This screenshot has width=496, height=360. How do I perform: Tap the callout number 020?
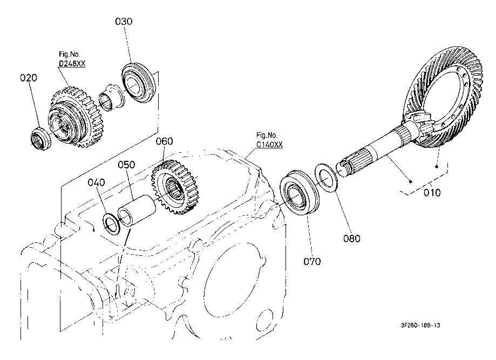click(x=29, y=78)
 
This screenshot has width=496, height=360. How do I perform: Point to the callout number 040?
click(x=97, y=183)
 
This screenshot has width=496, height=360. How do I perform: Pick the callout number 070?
click(x=312, y=261)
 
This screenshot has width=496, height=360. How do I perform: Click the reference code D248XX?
click(x=72, y=64)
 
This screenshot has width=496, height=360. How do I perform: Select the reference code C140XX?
click(x=269, y=145)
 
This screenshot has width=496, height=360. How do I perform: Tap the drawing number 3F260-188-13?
click(x=421, y=325)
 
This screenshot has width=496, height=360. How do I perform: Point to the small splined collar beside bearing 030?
click(x=111, y=97)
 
